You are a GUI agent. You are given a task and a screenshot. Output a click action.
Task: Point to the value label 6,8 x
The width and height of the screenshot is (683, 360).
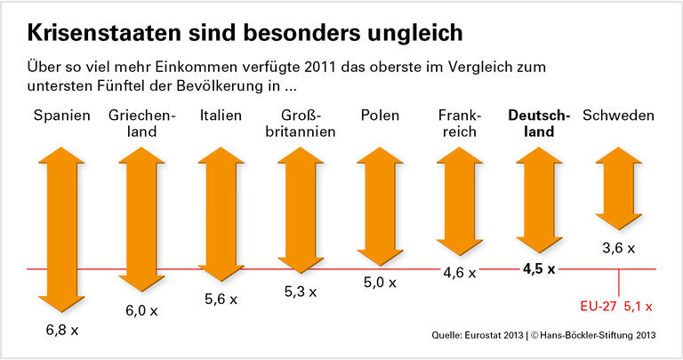[62, 331]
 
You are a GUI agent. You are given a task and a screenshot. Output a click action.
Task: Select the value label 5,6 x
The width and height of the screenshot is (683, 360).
[221, 300]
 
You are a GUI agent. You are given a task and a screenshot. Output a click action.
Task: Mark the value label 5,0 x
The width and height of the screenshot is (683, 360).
[380, 283]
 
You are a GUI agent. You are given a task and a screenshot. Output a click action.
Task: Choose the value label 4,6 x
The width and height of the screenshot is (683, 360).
[460, 273]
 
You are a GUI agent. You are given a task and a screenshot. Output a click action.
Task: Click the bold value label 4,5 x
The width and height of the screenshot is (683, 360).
[539, 268]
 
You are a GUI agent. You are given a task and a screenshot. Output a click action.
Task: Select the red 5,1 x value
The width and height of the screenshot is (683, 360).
[638, 307]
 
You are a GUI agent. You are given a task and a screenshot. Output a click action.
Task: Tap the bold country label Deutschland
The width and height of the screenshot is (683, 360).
[539, 124]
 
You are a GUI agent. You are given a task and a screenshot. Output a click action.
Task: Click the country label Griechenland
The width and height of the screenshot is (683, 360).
[141, 124]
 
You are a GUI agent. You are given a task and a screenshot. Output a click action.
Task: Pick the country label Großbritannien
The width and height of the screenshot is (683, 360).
[301, 124]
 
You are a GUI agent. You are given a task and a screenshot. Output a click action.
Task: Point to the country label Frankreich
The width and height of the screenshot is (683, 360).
[460, 124]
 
